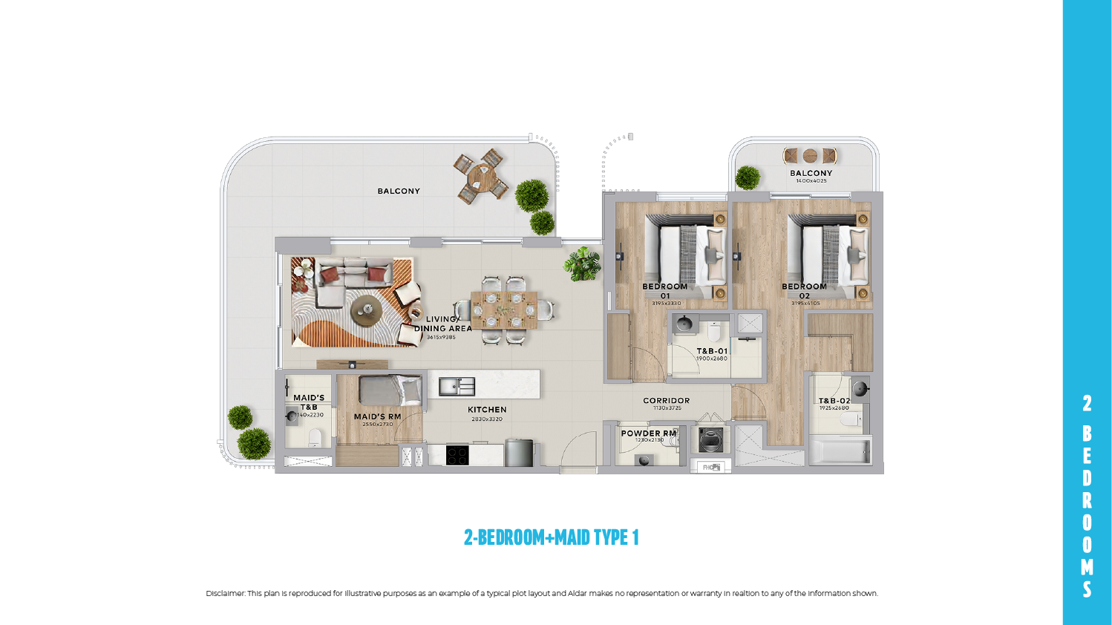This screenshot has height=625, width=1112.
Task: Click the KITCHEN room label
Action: [x=487, y=410]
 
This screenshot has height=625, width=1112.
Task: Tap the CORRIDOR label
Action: [x=666, y=401]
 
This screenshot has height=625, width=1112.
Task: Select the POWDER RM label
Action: [x=649, y=433]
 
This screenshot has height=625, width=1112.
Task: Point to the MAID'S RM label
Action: [x=377, y=416]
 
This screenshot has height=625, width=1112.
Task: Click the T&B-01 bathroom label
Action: [x=712, y=351]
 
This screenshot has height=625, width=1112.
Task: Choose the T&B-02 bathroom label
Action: [x=834, y=401]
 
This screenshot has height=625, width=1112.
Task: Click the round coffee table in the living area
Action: [x=366, y=309]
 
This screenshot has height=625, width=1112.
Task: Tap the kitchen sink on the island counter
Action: [x=457, y=386]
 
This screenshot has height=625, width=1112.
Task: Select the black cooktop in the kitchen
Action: [x=457, y=454]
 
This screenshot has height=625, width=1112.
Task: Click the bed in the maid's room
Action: [x=390, y=390]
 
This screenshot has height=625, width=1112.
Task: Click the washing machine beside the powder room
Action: [x=710, y=440]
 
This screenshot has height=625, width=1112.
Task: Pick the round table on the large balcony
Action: [x=482, y=177]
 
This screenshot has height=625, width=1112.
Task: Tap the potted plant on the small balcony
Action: [x=748, y=178]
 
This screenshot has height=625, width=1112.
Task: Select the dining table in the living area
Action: [x=504, y=310]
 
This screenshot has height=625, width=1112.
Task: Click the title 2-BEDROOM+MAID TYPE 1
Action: [x=551, y=537]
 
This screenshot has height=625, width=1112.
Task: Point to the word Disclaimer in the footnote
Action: [x=225, y=594]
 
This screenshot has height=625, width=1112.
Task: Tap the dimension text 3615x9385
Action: [x=441, y=337]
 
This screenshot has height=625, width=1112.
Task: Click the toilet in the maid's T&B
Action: [x=315, y=437]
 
